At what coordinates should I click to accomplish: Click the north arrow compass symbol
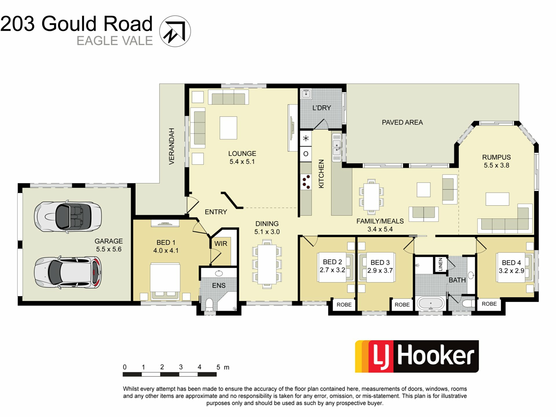coord(175,31)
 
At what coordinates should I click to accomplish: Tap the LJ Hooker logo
coord(417,356)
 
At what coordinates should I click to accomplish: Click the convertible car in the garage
coord(68,216)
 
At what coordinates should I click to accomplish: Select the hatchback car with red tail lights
coord(68,272)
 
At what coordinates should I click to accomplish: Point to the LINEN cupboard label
coord(440,264)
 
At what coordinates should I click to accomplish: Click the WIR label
coord(221,244)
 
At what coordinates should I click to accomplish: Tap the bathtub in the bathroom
coord(431,303)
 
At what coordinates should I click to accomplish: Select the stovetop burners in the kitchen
coord(306,182)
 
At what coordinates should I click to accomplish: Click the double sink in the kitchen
coord(337,147)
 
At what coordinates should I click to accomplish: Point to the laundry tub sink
coord(306,94)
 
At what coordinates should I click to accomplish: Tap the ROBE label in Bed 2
coord(344,305)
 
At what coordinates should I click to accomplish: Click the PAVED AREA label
coord(402,122)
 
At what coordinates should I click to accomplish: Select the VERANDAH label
coord(172,146)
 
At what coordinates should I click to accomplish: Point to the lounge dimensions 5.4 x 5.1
coord(242,162)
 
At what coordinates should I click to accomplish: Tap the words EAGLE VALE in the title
coord(115,41)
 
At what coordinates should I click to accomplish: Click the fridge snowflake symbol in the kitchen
coord(306,138)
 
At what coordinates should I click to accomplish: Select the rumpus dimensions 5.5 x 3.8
coord(496,165)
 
